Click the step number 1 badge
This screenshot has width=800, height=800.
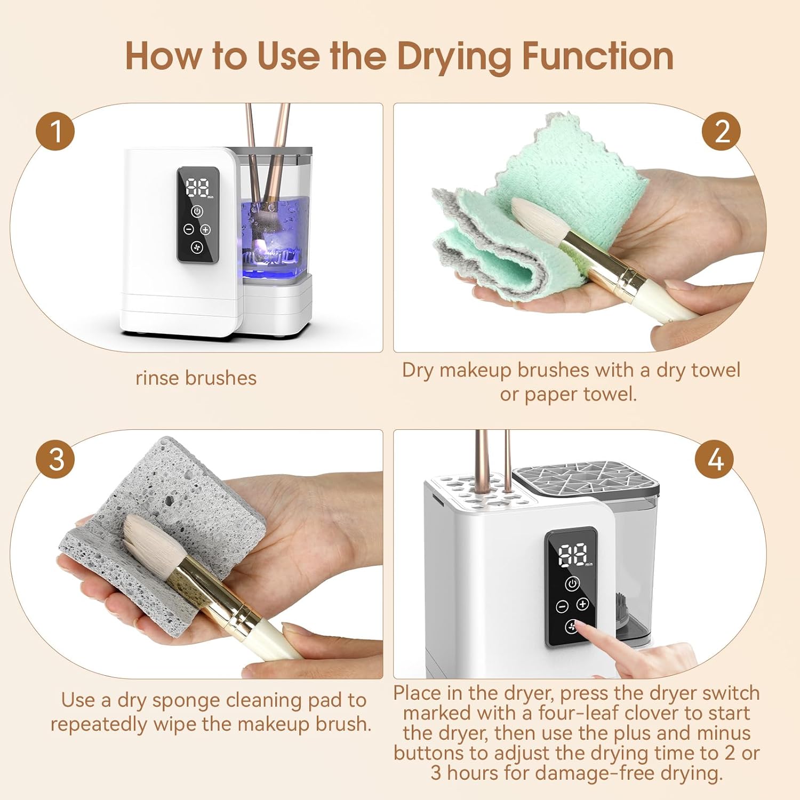point(55,131)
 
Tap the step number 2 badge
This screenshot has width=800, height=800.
point(721,131)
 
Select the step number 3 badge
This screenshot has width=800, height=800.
point(55,459)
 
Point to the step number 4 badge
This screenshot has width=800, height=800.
point(715,459)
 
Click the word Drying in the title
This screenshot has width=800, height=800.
point(454,57)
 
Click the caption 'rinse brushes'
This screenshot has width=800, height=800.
point(196,378)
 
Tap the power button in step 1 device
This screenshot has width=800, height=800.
point(197,211)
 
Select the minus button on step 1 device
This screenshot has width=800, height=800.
point(189,229)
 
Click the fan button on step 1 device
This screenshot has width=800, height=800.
point(197,247)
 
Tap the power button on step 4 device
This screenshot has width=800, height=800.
point(572,583)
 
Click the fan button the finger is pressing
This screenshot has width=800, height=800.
point(572,626)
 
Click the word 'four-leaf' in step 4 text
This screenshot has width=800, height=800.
point(578,713)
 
